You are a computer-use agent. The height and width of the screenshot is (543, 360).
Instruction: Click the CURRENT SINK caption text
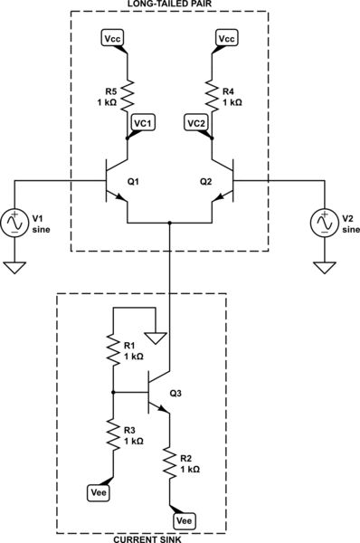coord(141,539)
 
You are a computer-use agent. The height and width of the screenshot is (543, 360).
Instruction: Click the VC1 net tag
coord(143,122)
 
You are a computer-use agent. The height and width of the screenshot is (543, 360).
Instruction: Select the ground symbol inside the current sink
coord(156,339)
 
